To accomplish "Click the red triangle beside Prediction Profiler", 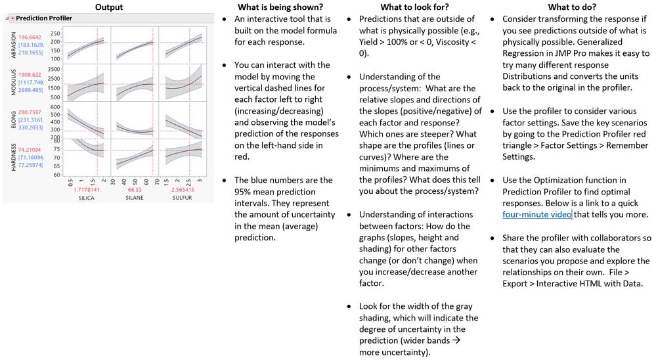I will click(x=11, y=18).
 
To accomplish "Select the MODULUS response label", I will click(x=12, y=82).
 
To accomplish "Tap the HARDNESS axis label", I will click(x=12, y=156).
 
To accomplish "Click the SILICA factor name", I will click(x=87, y=198).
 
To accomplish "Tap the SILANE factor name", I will click(x=135, y=198).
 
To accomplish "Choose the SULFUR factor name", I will click(x=183, y=198).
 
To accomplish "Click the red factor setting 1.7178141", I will click(x=87, y=189).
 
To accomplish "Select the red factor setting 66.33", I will click(x=135, y=189).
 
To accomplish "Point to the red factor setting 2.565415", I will click(x=183, y=189).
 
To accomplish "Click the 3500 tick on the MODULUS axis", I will click(x=54, y=68).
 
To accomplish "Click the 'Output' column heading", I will click(x=109, y=7).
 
